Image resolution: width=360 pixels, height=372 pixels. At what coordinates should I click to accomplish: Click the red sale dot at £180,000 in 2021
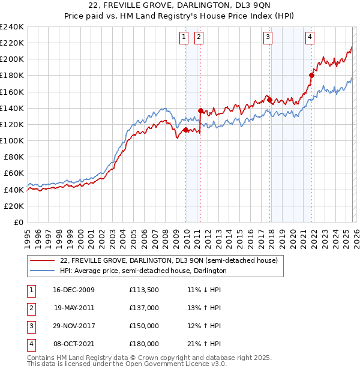pyautogui.click(x=311, y=75)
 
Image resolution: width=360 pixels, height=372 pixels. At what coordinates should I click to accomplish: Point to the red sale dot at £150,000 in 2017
pyautogui.click(x=270, y=100)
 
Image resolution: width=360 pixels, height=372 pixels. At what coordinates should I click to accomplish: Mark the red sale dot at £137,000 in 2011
pyautogui.click(x=200, y=110)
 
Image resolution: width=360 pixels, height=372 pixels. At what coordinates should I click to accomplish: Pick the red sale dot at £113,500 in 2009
pyautogui.click(x=185, y=130)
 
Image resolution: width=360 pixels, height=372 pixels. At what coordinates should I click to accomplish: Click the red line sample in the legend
pyautogui.click(x=41, y=261)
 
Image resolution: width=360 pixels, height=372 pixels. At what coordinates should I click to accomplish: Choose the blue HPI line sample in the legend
pyautogui.click(x=41, y=271)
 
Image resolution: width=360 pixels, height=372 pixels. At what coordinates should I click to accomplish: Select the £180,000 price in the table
pyautogui.click(x=144, y=344)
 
